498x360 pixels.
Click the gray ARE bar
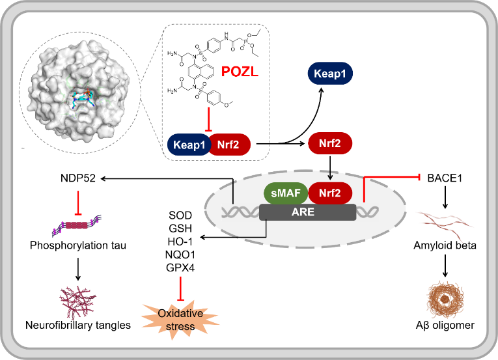coord(307,212)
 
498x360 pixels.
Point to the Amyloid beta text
coord(446,246)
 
